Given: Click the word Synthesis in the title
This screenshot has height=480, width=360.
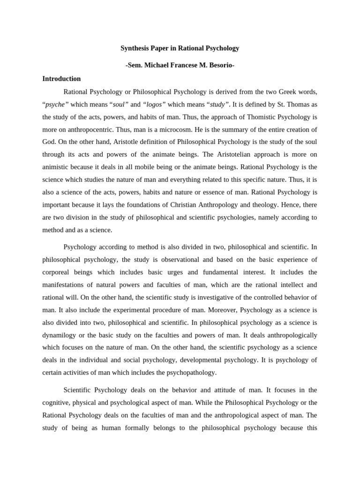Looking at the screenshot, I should pyautogui.click(x=136, y=48).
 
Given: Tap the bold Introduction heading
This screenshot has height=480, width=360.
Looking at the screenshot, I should pyautogui.click(x=61, y=79).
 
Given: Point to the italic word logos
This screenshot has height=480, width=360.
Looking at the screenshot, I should pyautogui.click(x=154, y=104).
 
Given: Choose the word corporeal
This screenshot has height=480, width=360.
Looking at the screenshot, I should pyautogui.click(x=58, y=272).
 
